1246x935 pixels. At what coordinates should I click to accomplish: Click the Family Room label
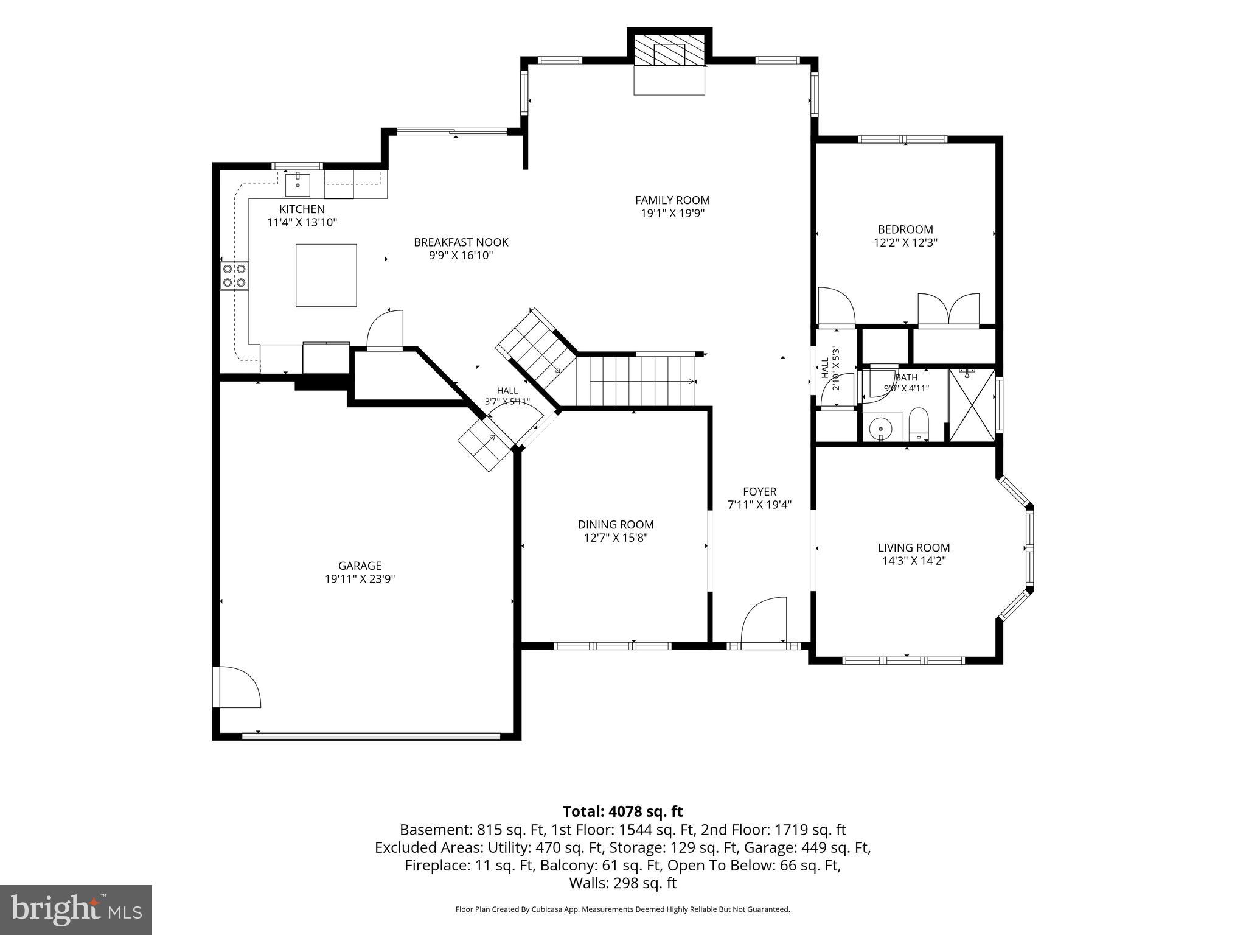672,200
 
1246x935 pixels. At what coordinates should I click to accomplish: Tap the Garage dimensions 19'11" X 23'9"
360,579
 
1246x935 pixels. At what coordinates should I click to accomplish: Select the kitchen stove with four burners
235,275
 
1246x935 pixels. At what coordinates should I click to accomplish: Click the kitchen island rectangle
326,275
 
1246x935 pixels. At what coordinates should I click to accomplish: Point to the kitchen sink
298,184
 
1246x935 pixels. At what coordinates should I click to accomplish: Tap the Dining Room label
616,524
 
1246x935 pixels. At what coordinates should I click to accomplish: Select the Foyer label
760,491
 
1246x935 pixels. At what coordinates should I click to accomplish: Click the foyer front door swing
764,620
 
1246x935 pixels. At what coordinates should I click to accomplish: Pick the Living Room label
914,547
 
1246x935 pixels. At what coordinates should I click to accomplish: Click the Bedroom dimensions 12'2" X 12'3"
905,242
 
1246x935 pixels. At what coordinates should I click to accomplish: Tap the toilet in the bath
919,424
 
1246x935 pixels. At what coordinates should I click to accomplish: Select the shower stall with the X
972,405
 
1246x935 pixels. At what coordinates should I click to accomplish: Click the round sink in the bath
880,427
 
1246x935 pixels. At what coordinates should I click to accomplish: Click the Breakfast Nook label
461,242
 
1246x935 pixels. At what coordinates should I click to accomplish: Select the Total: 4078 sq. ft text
622,811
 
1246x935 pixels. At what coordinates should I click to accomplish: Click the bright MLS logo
76,909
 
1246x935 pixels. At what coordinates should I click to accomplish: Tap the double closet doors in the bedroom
949,309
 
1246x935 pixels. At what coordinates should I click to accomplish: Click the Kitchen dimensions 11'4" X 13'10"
302,222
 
